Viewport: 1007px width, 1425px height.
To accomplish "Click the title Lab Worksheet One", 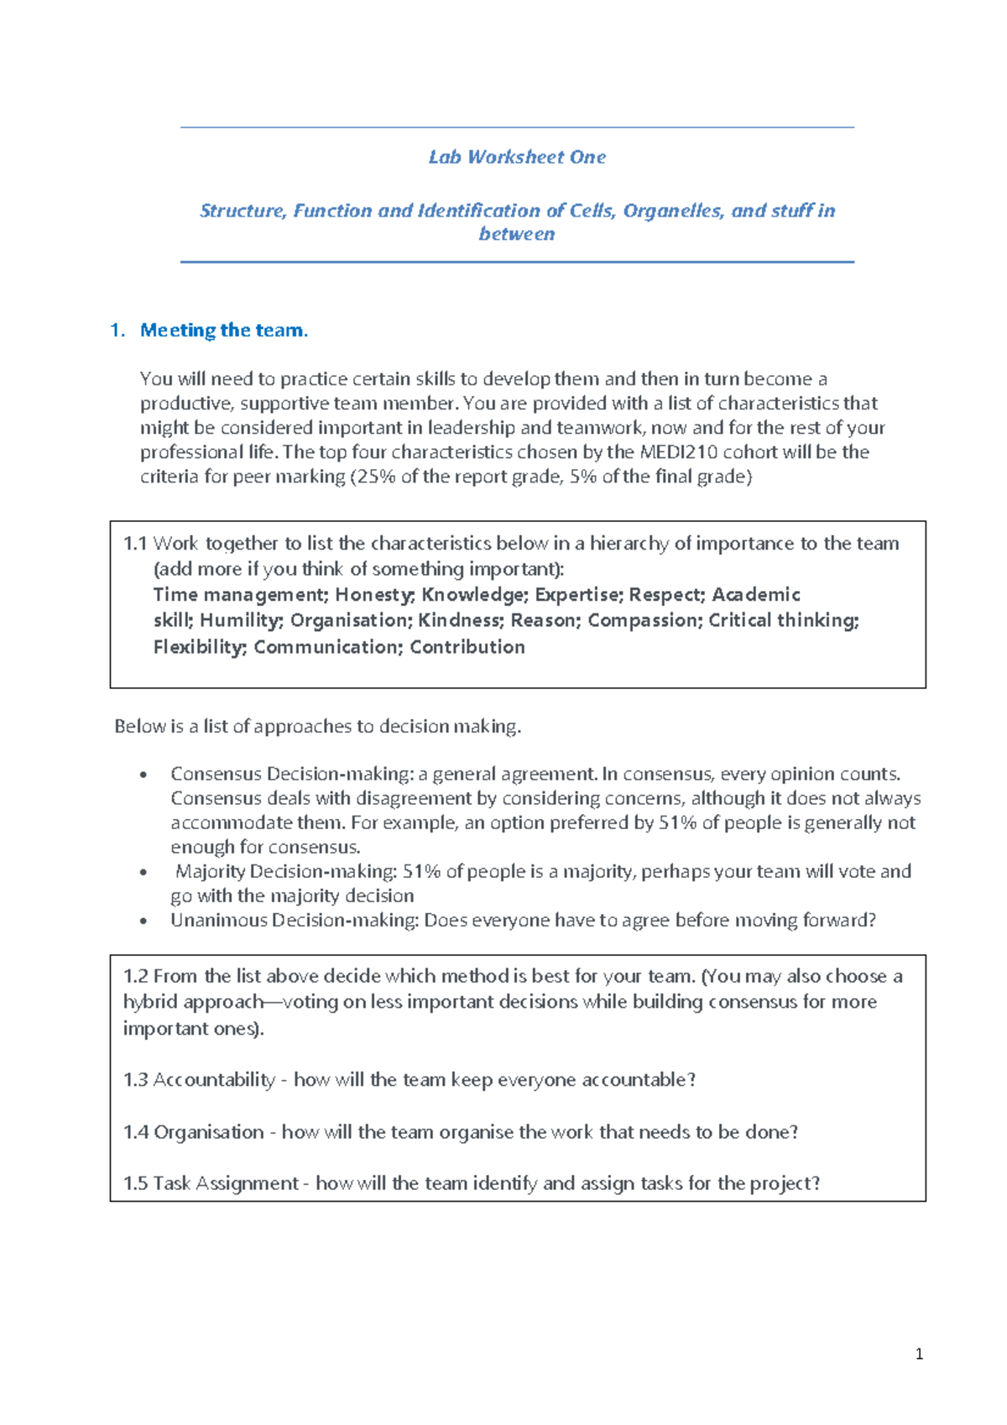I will tap(517, 157).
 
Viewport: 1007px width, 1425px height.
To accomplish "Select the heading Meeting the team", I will tap(223, 331).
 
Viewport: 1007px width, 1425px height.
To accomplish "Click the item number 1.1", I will tap(135, 544).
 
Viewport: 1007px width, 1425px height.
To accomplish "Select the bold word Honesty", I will tap(374, 595).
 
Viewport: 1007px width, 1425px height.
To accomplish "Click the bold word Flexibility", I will tap(199, 647).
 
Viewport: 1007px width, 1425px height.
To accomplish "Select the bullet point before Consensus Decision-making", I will tap(144, 775).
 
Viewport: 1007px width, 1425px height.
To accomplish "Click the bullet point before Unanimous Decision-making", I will tap(144, 921).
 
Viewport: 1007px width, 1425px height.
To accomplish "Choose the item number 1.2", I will tap(135, 976).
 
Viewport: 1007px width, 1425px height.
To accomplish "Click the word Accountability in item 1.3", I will tap(214, 1080).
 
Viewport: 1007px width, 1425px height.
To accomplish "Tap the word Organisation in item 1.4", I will tap(209, 1132).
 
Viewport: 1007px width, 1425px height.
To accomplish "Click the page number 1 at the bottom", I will tap(920, 1354).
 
